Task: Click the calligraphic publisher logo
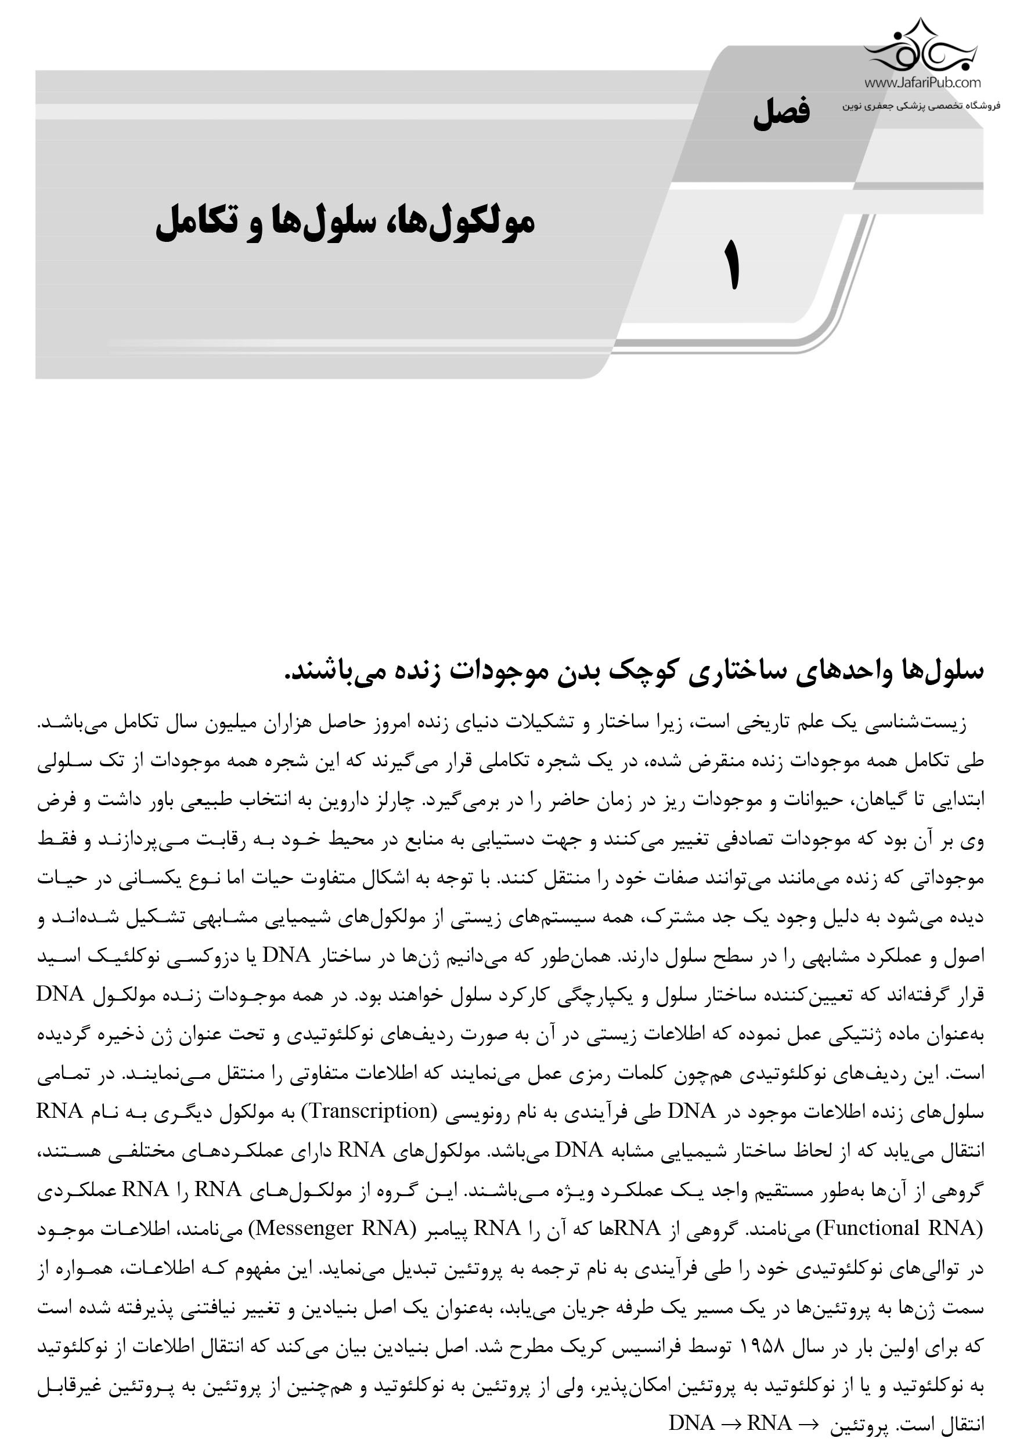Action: pyautogui.click(x=922, y=48)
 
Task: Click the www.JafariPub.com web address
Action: pyautogui.click(x=922, y=82)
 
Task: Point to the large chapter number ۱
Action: pyautogui.click(x=732, y=266)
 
